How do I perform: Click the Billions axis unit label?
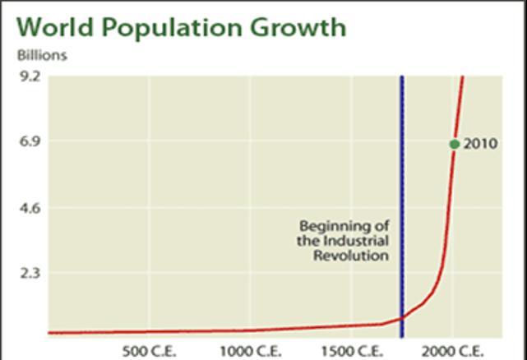click(x=42, y=56)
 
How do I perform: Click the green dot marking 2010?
click(x=455, y=144)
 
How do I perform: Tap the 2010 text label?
click(x=481, y=144)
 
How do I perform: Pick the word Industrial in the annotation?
click(x=356, y=240)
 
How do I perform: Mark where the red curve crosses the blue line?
click(x=402, y=318)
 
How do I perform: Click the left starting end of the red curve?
click(x=49, y=333)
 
